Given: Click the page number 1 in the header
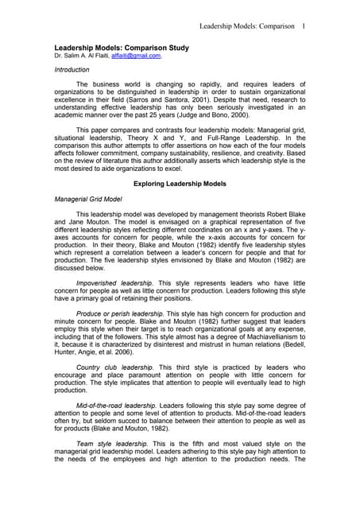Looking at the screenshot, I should (x=304, y=26).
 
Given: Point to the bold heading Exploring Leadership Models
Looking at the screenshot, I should (x=180, y=184).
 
